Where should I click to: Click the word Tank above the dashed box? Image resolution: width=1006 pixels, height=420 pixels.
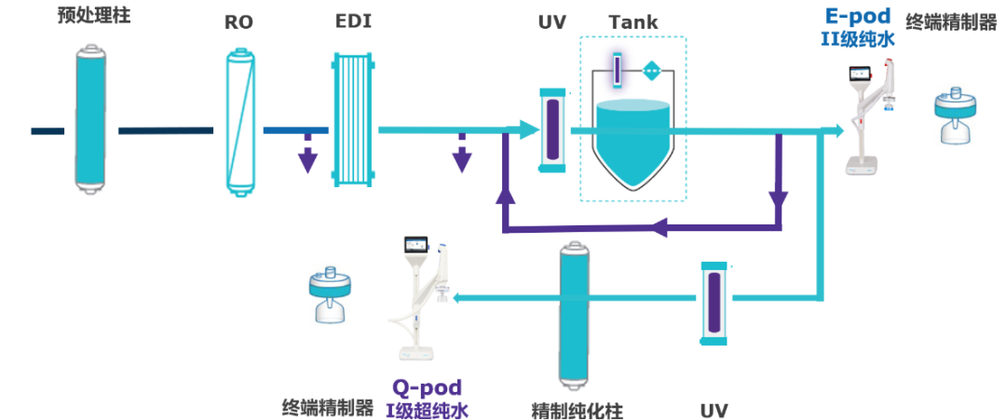pos(633,21)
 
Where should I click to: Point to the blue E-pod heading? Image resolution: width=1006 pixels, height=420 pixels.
pos(858,16)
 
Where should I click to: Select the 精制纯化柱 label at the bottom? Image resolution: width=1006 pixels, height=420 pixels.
pos(577,411)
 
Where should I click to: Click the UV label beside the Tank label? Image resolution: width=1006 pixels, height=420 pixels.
pos(551,21)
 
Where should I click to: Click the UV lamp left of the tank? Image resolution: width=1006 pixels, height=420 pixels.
pos(551,129)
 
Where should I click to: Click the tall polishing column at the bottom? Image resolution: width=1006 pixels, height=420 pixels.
pos(576,317)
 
